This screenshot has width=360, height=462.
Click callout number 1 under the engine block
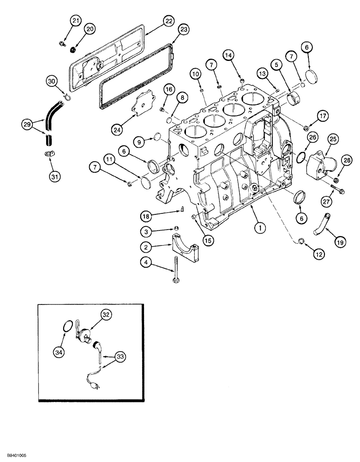[x=261, y=227]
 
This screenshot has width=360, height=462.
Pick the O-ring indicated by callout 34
[x=68, y=328]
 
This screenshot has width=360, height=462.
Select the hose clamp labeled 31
[x=48, y=154]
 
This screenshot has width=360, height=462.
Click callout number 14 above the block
[x=240, y=55]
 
